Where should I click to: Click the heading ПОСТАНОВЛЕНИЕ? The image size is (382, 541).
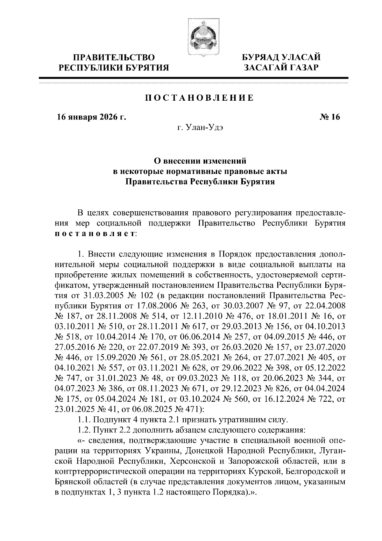200,98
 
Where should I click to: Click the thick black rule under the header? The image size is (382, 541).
193,78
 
